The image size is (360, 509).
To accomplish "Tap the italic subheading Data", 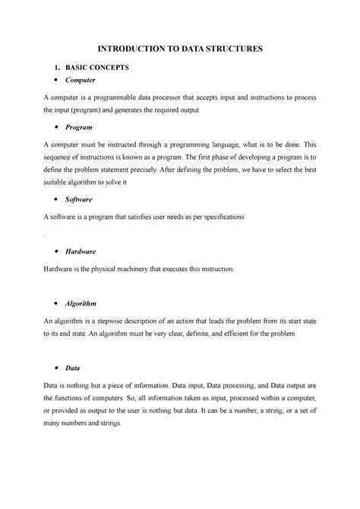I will point(73,368).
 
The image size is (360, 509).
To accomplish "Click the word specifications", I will point(220,217).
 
